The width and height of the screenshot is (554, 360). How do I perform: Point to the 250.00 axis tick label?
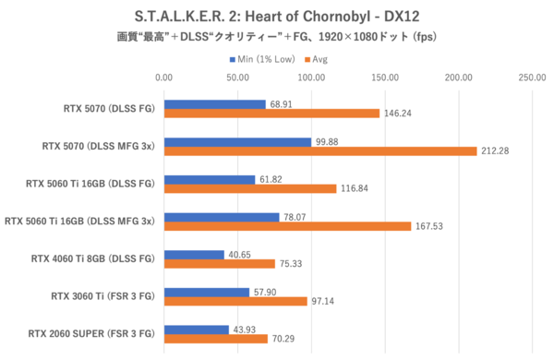[532, 78]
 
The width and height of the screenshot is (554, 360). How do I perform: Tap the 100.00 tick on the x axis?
[311, 78]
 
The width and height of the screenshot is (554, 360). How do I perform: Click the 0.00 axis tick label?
[164, 78]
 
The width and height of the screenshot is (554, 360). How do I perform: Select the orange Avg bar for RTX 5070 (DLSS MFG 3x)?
[320, 150]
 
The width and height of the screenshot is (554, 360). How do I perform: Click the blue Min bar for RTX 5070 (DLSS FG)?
[215, 103]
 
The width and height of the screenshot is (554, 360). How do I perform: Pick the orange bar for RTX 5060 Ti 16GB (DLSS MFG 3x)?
[287, 226]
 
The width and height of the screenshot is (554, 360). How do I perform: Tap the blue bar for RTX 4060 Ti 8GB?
[194, 255]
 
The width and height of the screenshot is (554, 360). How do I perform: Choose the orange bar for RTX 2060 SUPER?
[216, 339]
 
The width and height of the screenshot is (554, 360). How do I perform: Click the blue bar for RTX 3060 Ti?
[207, 292]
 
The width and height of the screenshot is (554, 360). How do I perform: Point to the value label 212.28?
[495, 150]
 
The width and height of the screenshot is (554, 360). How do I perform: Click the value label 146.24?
[398, 114]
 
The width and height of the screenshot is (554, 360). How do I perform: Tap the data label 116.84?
[355, 188]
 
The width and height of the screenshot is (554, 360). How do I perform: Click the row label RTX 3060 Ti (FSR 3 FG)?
[103, 296]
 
